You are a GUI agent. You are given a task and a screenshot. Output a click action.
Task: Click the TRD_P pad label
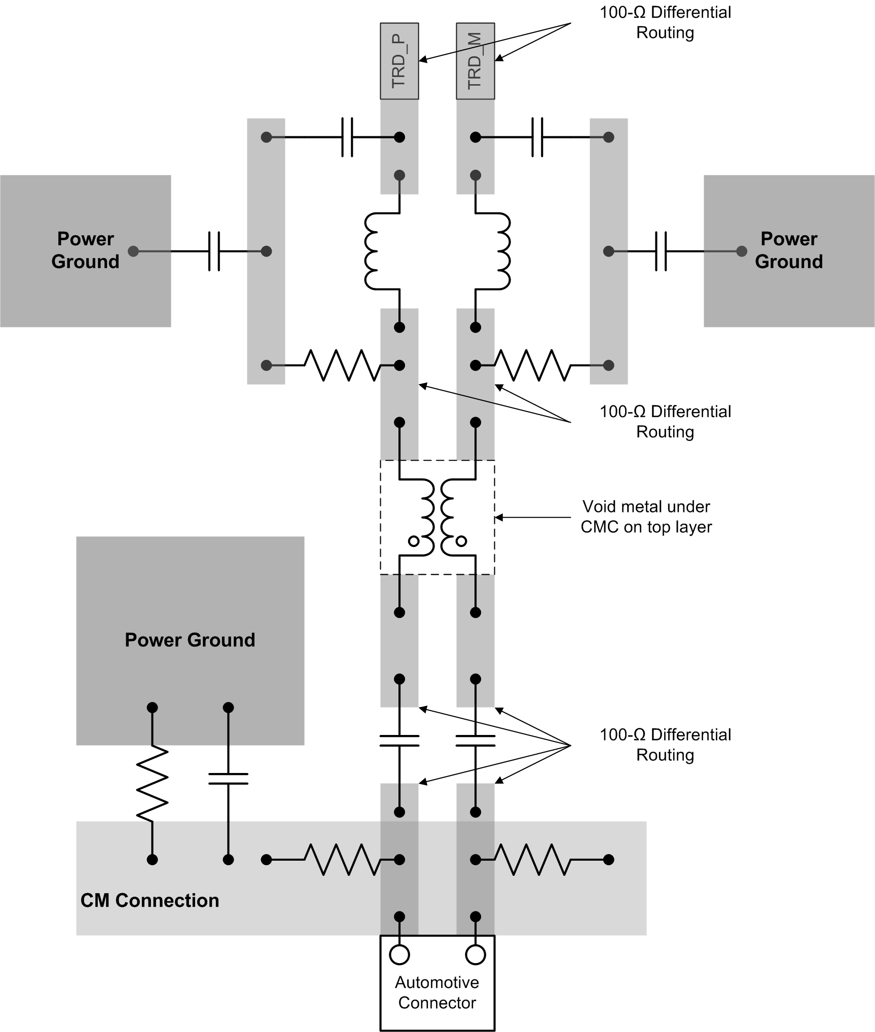tap(399, 61)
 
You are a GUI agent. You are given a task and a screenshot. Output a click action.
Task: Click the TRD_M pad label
tap(475, 61)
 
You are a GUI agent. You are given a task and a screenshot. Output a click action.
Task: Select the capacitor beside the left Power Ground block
tap(214, 251)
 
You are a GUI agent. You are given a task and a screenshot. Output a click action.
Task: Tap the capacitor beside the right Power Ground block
tap(661, 251)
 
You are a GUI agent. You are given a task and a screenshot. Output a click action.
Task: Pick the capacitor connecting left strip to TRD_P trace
tap(347, 137)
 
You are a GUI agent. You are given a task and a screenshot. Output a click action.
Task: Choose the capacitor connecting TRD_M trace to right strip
tap(537, 137)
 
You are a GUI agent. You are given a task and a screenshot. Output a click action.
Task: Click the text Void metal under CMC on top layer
tap(646, 517)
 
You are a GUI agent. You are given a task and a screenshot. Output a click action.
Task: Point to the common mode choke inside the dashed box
tap(438, 517)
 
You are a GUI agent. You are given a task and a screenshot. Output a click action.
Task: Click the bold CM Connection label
tap(150, 900)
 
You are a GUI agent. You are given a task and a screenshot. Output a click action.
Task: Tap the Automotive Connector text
tap(437, 992)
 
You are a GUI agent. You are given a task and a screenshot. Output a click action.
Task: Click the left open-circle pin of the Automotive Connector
tap(399, 954)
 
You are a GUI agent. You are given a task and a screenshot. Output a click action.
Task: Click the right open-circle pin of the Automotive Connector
tap(475, 954)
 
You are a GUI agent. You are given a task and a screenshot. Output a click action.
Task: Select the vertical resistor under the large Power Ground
tap(152, 783)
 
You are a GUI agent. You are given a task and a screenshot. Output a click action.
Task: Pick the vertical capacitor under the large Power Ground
tap(228, 779)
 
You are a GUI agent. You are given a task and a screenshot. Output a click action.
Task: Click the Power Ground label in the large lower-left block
tap(190, 640)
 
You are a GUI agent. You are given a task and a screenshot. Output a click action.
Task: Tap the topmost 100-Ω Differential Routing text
tap(665, 22)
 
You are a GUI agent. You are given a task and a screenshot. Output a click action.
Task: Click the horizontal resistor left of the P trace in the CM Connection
tap(342, 860)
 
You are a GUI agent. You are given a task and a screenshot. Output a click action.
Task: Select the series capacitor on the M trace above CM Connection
tap(475, 741)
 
